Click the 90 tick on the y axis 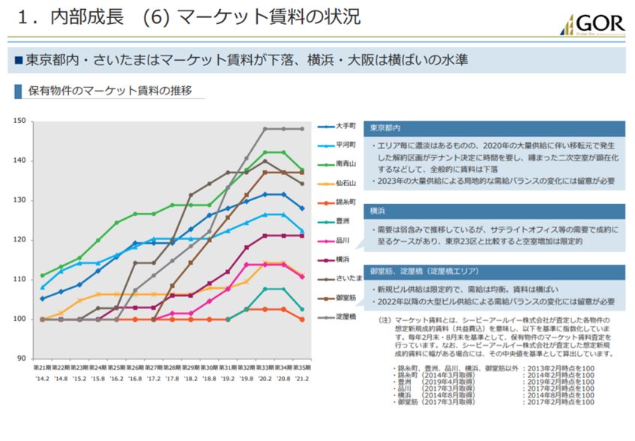tap(22, 358)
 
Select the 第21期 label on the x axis tap(42, 369)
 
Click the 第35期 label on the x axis tap(302, 369)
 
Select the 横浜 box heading tap(378, 211)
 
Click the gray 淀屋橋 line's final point tap(302, 129)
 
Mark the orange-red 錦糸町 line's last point tap(302, 319)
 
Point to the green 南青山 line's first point tap(42, 275)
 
